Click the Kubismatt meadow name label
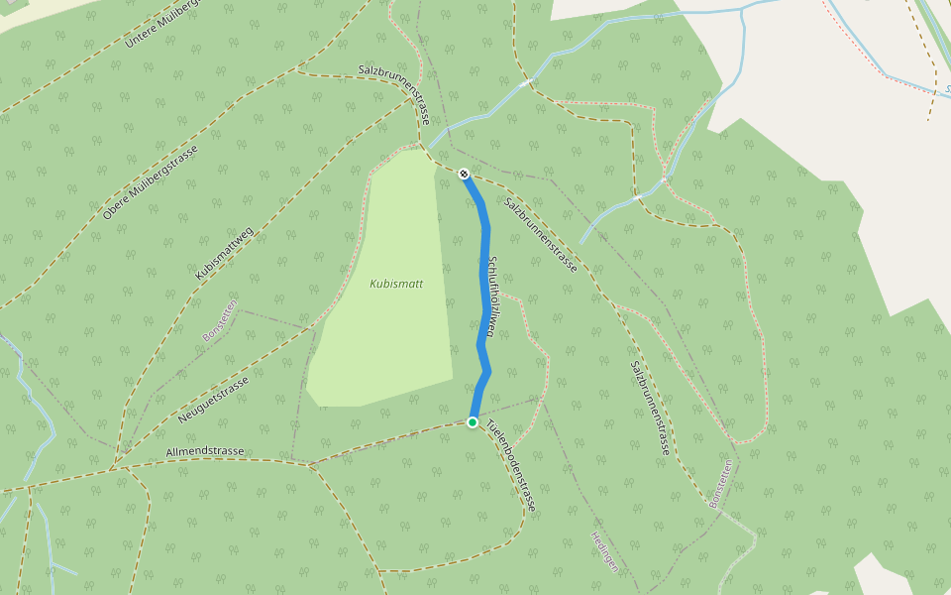pos(396,284)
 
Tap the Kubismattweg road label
pos(225,254)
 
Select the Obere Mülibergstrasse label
pos(151,182)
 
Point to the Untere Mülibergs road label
pos(158,26)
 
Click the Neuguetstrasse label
pos(213,394)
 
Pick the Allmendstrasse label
pos(205,451)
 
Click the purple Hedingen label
pos(604,551)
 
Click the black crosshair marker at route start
pos(464,174)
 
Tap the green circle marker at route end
pos(473,422)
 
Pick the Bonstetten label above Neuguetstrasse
pos(219,320)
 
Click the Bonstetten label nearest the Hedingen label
pos(722,484)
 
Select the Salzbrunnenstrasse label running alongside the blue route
pos(540,235)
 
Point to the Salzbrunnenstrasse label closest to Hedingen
pos(650,407)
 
